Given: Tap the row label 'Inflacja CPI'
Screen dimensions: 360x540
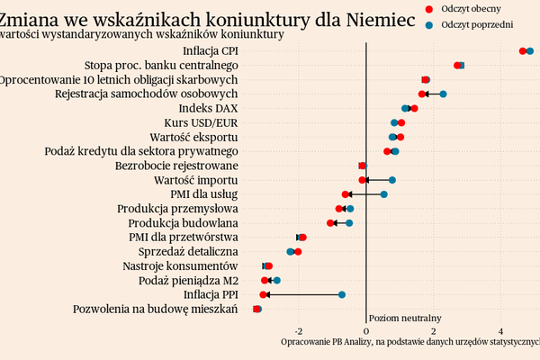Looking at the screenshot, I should point(210,50).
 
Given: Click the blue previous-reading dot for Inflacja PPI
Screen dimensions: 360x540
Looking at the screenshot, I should point(342,294).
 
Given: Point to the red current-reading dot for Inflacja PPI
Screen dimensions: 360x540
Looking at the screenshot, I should point(264,294).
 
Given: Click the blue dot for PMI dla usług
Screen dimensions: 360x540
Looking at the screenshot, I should point(383,193).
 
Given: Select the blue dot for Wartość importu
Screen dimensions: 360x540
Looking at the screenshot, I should point(392,180).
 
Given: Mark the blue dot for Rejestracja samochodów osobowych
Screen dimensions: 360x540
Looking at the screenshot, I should point(444,94).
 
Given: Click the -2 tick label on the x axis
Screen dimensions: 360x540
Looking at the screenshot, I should point(299,329).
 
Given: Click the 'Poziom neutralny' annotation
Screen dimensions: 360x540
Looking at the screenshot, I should point(405,318).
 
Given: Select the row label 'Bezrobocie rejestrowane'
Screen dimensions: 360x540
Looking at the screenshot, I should point(176,166).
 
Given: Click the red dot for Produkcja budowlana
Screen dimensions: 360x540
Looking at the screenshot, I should point(330,222).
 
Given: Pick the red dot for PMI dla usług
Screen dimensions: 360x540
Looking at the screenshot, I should point(346,193).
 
